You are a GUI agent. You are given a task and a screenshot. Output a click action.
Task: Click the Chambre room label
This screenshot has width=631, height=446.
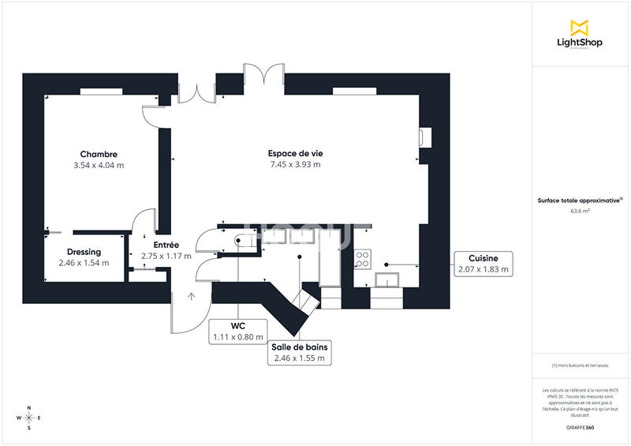(x=99, y=154)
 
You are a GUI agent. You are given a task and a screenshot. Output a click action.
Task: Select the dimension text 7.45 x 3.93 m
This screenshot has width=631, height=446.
(x=295, y=165)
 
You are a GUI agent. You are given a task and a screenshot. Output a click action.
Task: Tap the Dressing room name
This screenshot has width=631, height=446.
(x=84, y=253)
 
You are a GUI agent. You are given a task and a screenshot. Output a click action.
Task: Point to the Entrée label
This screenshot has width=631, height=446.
(x=166, y=245)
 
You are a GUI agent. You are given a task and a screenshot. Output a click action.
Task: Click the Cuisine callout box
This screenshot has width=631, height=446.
(x=484, y=264)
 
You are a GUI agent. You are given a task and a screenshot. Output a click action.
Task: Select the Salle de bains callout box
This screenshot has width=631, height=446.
(x=300, y=352)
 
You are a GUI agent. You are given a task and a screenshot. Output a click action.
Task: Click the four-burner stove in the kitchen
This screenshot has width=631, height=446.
(x=364, y=256)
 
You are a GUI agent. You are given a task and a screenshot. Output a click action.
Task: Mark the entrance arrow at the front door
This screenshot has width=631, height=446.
(x=190, y=297)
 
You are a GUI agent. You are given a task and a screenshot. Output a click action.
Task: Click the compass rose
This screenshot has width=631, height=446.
(x=29, y=418)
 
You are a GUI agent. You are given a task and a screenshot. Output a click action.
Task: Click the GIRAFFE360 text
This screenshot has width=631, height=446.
(x=580, y=427)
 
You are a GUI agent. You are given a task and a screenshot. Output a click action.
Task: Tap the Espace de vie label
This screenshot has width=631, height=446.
(x=295, y=153)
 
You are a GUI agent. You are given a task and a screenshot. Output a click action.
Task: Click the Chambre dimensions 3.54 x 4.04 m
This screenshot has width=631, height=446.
(x=99, y=166)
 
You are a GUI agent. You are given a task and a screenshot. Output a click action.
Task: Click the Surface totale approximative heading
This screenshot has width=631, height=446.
(x=580, y=201)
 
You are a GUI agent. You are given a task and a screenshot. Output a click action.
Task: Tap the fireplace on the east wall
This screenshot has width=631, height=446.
(x=425, y=137)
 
